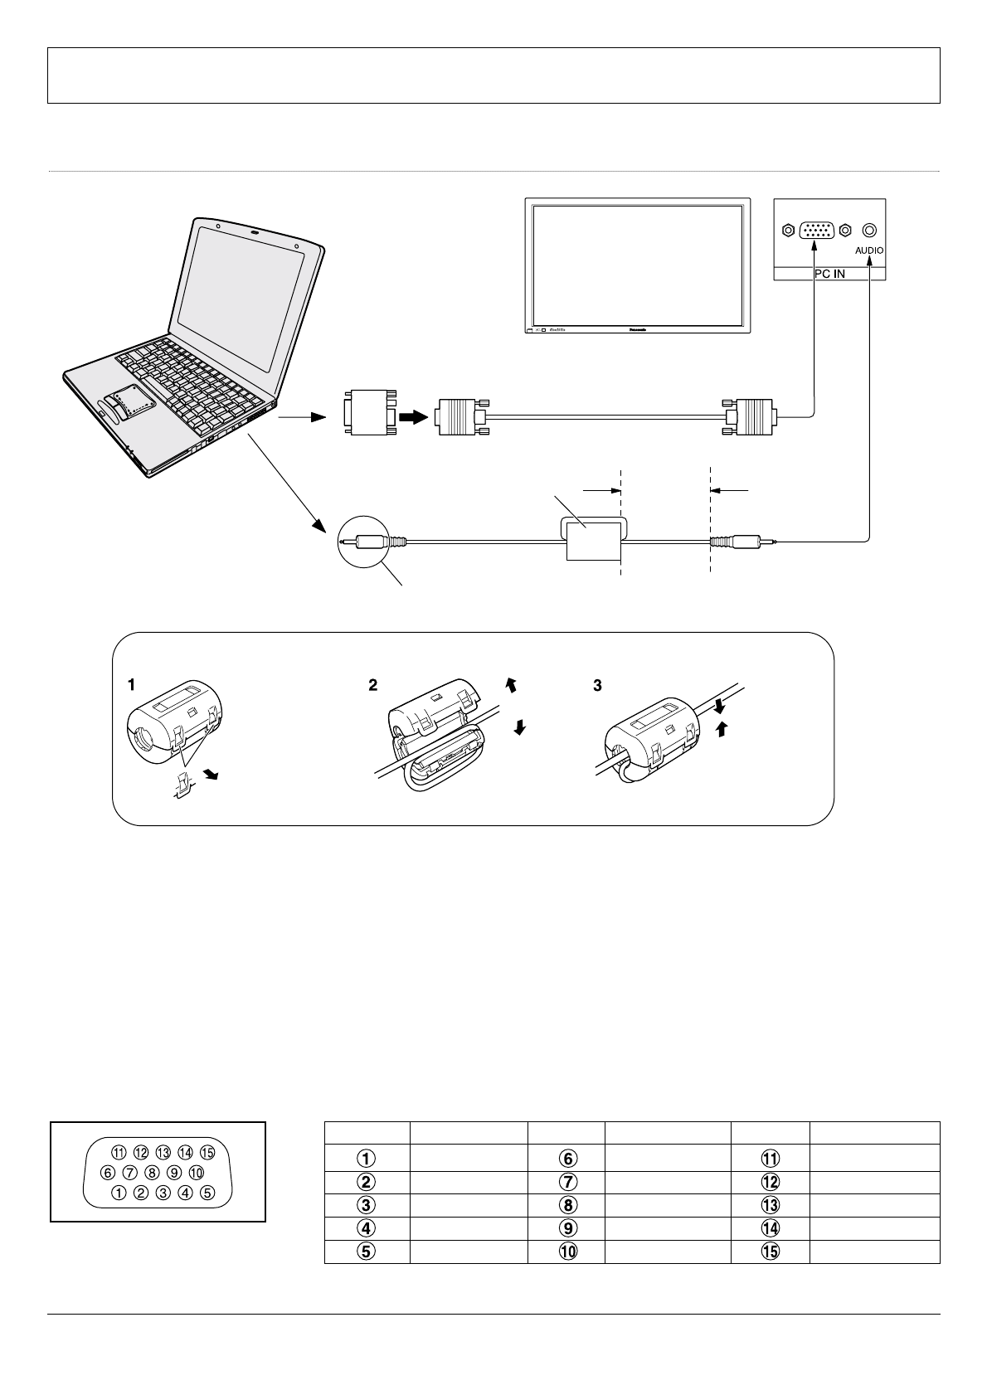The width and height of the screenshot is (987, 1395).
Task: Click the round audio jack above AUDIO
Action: point(869,230)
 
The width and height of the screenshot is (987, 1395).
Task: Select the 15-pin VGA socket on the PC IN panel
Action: point(817,231)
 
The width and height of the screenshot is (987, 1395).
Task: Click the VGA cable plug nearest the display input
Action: point(750,416)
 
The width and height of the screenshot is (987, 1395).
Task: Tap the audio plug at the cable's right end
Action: point(742,543)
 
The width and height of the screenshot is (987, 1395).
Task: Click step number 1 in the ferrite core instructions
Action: point(132,685)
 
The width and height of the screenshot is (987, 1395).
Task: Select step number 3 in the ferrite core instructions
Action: point(598,685)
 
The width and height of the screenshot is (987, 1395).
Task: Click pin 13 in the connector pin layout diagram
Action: point(163,1152)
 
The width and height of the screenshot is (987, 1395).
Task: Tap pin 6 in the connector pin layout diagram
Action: point(108,1173)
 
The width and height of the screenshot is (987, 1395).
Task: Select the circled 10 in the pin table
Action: point(566,1252)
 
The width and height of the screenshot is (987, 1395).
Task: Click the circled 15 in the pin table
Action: point(771,1252)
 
